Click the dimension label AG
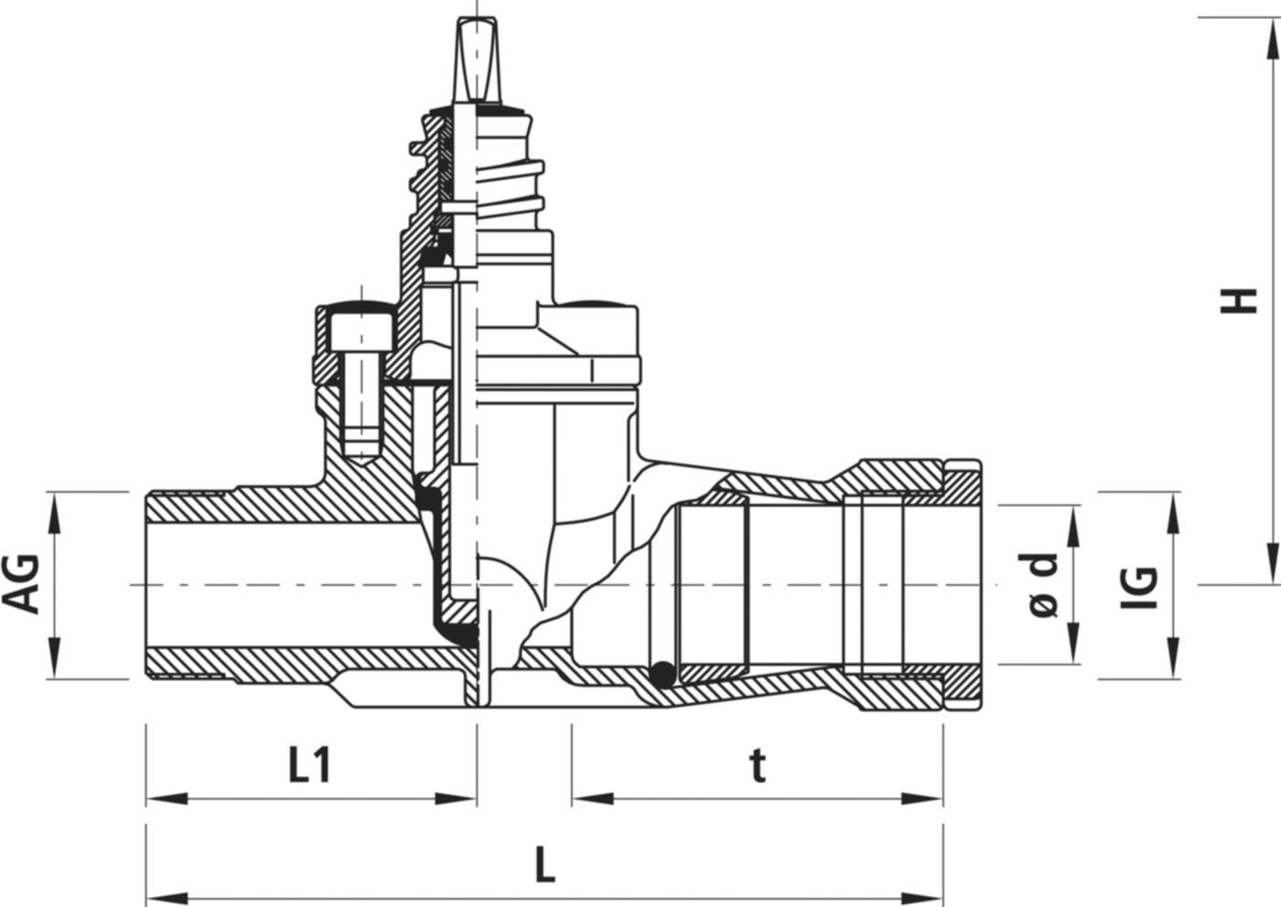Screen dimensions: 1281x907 coord(21,584)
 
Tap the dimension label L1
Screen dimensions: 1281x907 coord(309,766)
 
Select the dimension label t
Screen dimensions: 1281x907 coord(758,767)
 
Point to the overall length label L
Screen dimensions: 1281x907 coord(545,866)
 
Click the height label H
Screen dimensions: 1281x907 coord(1238,301)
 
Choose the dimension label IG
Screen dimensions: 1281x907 coord(1139,588)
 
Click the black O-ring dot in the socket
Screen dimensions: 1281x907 coord(662,675)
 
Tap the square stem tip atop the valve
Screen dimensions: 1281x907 coord(477,60)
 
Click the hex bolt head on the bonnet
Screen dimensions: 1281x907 coord(361,332)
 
